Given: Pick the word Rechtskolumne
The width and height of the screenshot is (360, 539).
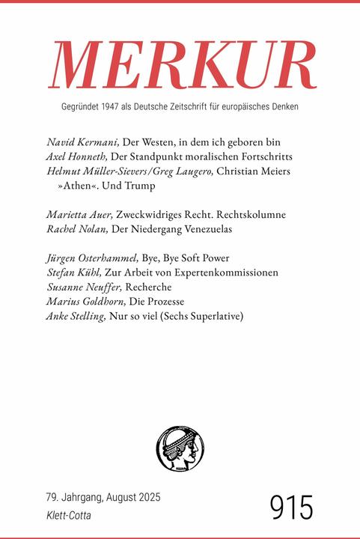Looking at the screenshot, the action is point(254,215).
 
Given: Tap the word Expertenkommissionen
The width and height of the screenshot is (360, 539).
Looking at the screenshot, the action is point(224,272).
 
